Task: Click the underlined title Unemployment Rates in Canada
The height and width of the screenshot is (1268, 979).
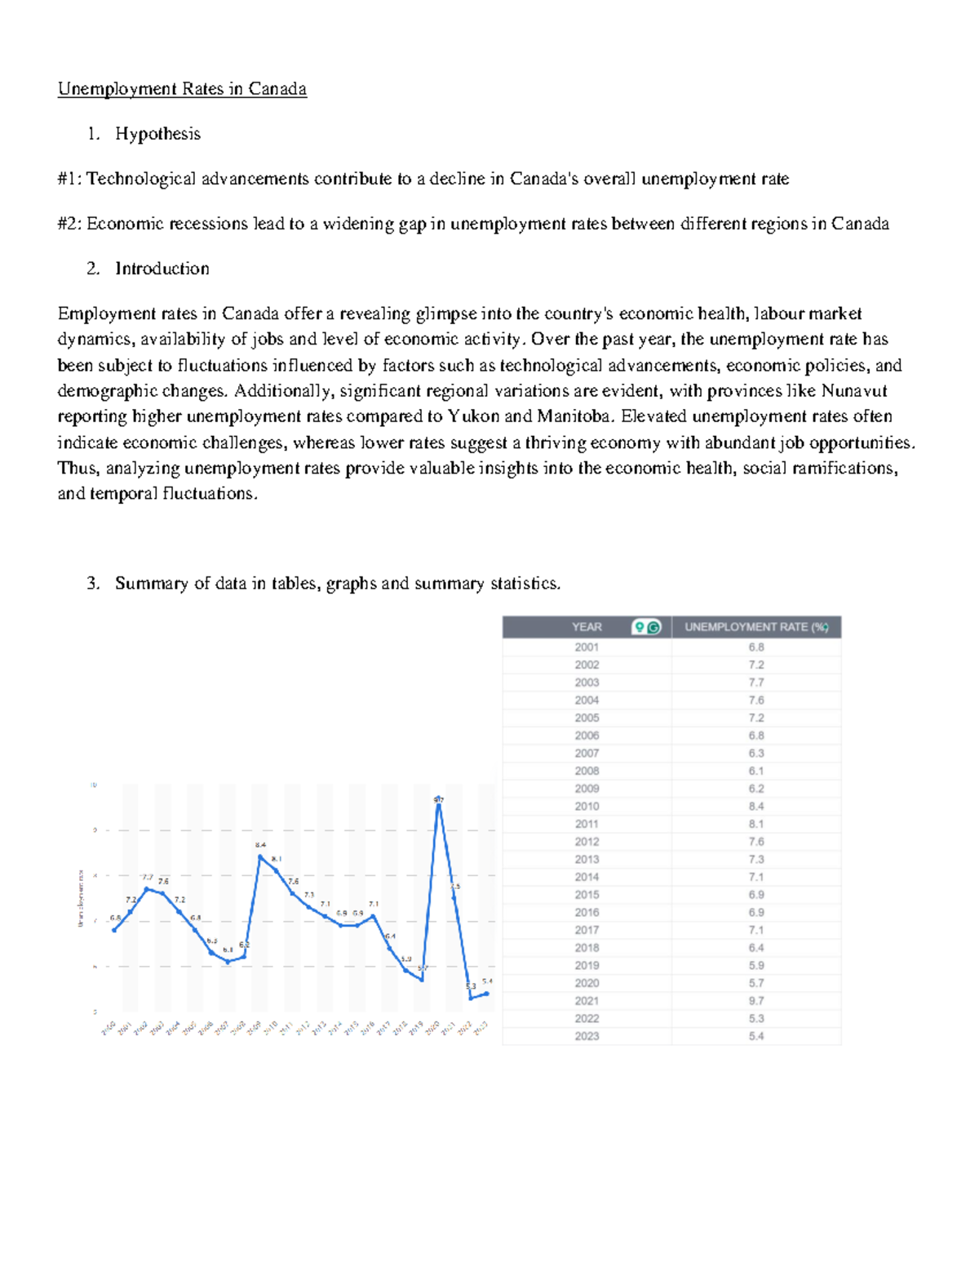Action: (x=182, y=89)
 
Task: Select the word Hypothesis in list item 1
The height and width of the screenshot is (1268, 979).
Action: (x=157, y=134)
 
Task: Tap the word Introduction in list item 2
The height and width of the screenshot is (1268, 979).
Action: (x=162, y=269)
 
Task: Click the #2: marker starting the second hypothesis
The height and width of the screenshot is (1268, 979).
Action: (x=69, y=224)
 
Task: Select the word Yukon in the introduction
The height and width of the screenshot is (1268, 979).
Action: (x=473, y=416)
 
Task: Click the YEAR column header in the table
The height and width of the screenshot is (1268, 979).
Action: (x=587, y=627)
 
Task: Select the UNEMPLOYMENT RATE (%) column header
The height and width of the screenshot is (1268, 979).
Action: (x=755, y=627)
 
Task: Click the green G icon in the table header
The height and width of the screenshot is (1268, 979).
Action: (x=653, y=627)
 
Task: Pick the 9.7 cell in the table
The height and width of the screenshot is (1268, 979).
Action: (x=756, y=1001)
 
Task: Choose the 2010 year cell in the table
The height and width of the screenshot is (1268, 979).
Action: (x=587, y=807)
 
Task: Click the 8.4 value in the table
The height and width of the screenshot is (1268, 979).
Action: (x=756, y=807)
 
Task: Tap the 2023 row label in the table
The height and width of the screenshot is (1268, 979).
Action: (x=587, y=1036)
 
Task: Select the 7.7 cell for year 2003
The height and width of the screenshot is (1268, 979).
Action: (x=756, y=683)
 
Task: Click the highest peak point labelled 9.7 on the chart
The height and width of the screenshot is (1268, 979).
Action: (x=439, y=805)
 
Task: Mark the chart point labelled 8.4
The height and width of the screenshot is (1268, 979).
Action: (x=260, y=856)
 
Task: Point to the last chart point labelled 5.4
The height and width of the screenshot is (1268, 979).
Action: (x=487, y=994)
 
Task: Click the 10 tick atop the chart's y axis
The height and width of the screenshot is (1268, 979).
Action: (x=94, y=785)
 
